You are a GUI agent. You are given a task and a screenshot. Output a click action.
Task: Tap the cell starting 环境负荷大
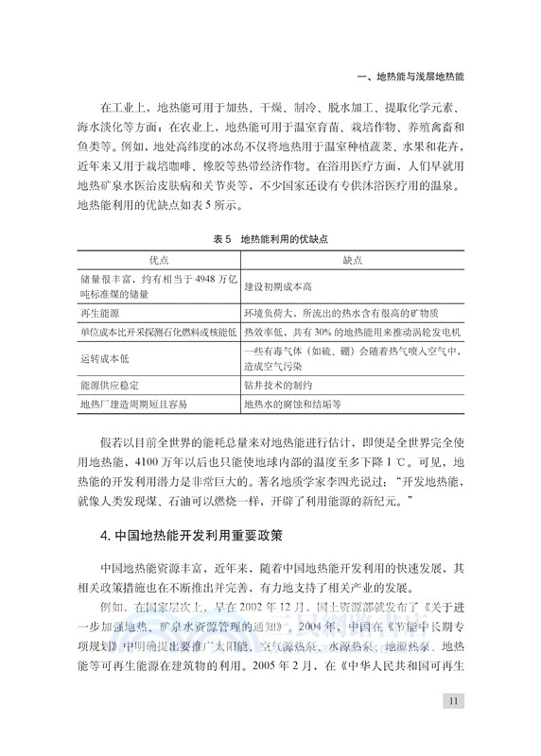tap(341, 313)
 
